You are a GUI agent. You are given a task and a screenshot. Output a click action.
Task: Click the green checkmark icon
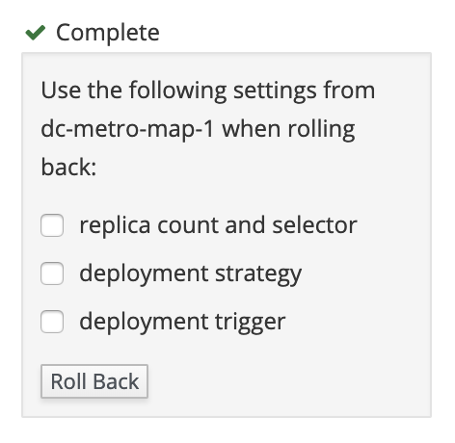point(36,33)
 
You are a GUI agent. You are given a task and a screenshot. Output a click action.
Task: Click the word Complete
point(108,33)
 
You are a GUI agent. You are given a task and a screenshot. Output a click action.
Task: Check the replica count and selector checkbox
point(52,225)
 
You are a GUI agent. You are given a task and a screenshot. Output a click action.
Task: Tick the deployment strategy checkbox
point(52,274)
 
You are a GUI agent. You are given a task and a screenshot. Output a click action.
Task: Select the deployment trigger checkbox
point(52,322)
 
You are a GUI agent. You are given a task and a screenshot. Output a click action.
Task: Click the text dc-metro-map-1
point(127,129)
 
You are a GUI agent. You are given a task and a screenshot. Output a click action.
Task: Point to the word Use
point(61,91)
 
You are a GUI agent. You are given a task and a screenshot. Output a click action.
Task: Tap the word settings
point(275,91)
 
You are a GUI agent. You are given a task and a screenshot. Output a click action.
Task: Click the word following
point(177,91)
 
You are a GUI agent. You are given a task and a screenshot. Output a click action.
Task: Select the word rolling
point(321,130)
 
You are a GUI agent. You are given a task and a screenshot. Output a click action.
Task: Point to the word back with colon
point(68,168)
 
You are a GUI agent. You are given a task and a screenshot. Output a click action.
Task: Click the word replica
point(115,226)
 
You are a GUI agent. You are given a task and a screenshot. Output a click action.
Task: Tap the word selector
point(314,225)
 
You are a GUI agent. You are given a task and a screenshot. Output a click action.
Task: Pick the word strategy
point(258,274)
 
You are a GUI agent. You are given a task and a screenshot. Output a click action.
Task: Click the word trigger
point(250,323)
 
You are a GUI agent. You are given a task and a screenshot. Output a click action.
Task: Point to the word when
point(251,129)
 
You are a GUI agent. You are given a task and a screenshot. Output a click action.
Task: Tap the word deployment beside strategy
point(144,274)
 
